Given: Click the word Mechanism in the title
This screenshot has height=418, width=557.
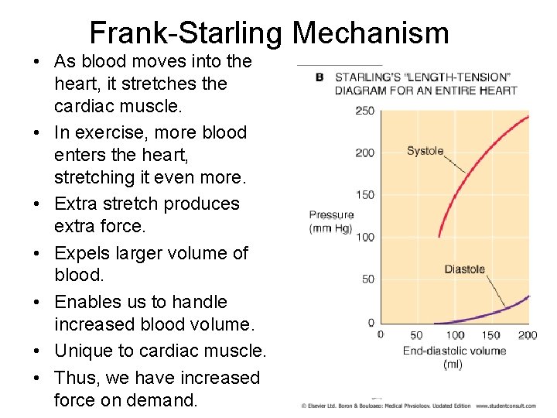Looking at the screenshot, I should pos(371,33).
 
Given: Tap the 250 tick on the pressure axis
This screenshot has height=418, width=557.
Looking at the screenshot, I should pos(364,111).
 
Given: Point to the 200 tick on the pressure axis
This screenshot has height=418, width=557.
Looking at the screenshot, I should pos(364,152).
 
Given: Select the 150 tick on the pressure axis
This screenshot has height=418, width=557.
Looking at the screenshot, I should pos(364,195).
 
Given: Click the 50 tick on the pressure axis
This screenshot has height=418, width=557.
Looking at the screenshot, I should pos(367,279).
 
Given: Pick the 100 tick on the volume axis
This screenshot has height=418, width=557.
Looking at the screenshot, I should pos(455,335).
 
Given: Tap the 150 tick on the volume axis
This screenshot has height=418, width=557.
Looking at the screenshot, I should pos(491,335).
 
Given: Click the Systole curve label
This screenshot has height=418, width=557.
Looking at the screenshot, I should pos(425,151).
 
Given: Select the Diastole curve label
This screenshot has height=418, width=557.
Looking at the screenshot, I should pos(464,269).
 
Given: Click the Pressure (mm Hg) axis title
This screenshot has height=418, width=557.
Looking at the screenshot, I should pos(331,221).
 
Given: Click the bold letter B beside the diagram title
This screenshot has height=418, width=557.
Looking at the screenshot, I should pos(320,77).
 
